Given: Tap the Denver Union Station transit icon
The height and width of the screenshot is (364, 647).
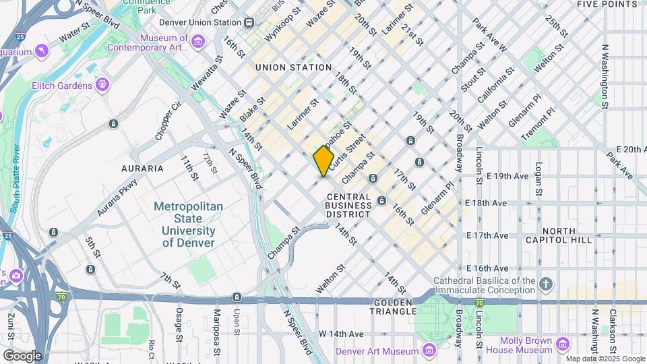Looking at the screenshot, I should tap(249, 22).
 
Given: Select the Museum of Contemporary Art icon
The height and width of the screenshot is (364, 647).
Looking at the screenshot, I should tap(198, 42).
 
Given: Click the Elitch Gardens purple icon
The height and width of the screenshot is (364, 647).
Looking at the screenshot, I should tap(102, 85).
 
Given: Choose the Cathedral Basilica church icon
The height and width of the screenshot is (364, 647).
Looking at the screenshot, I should tap(547, 284).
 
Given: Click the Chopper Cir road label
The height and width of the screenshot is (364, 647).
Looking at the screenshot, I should tap(168, 120).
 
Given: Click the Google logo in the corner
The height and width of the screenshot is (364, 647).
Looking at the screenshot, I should tap(22, 355).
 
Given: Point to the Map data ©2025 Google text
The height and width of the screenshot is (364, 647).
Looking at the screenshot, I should tap(605, 359).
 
